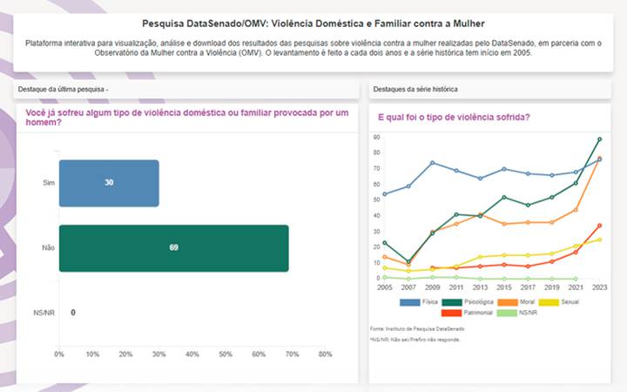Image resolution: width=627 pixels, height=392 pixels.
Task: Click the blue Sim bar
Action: [x=109, y=183]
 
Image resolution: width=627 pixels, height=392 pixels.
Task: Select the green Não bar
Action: [x=173, y=247]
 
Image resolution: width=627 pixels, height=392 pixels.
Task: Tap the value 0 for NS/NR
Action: [x=72, y=312]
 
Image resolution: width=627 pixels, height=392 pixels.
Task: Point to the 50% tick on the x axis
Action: [x=226, y=355]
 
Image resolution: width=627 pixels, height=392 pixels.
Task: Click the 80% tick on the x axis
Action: [x=325, y=355]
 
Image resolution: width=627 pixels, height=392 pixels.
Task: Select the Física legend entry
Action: [x=421, y=301]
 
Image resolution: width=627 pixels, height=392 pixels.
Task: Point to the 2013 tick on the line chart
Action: [x=480, y=287]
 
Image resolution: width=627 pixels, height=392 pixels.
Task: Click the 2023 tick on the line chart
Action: [x=599, y=287]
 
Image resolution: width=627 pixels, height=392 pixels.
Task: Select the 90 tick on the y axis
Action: [x=376, y=138]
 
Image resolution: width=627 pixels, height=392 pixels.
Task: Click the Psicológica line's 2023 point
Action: [x=599, y=139]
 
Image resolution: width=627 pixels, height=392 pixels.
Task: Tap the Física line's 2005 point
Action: [x=384, y=193]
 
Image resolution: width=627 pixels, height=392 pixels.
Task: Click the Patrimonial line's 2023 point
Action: [x=599, y=225]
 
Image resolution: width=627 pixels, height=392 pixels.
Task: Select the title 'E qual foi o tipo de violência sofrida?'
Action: [x=454, y=117]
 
